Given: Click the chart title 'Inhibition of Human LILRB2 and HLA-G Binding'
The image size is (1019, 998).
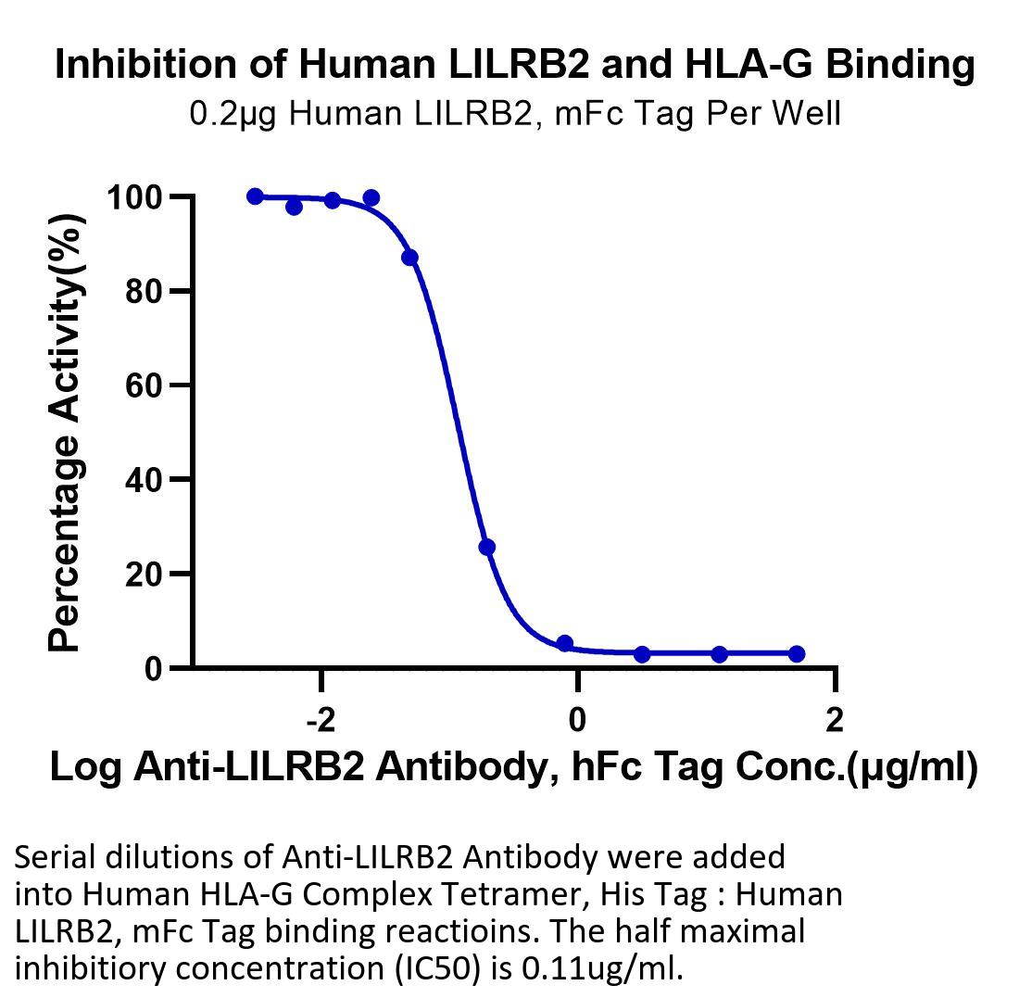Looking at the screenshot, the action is (515, 65).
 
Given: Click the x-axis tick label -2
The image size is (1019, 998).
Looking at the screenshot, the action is (321, 720).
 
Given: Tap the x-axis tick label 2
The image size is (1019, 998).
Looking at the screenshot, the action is (835, 720).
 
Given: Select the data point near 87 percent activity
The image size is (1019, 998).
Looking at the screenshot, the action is (409, 258).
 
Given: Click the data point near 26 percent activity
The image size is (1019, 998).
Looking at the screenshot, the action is (486, 547).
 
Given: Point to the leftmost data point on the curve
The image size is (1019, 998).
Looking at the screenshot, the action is (256, 196).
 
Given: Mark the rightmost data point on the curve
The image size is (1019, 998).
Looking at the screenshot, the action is (797, 653).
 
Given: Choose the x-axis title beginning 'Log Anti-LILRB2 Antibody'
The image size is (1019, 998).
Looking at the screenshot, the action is (514, 768).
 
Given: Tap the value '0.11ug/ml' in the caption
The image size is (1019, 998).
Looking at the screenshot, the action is (602, 968).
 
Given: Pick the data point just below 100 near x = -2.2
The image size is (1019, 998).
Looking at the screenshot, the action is (294, 207).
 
